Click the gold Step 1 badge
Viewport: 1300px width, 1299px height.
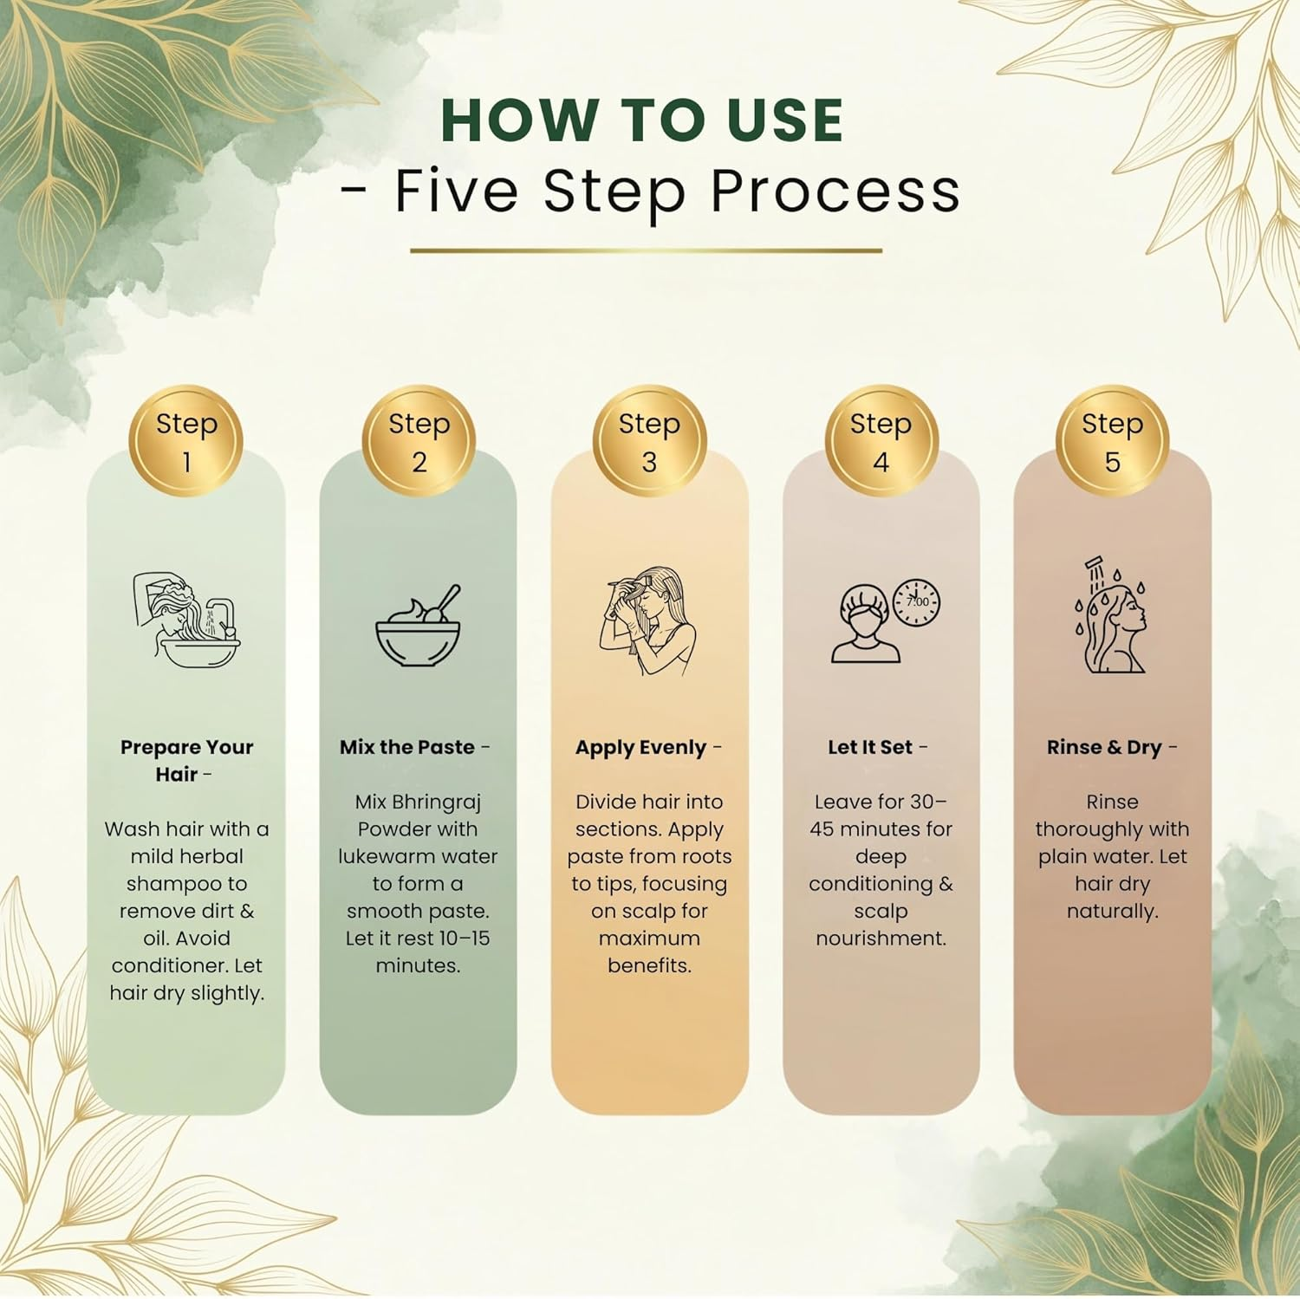coord(186,442)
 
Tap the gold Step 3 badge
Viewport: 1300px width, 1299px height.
coord(649,442)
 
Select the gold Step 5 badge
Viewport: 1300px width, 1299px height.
coord(1112,442)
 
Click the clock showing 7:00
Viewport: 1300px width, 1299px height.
coord(916,602)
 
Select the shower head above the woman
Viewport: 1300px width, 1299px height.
coord(1096,568)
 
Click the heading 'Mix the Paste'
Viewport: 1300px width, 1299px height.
coord(407,747)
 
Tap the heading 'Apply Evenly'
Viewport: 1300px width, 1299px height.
coord(641,748)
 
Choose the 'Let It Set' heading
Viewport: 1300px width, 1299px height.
coord(870,747)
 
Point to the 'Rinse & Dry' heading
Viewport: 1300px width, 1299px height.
coord(1104,748)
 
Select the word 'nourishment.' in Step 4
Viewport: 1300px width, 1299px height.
coord(881,939)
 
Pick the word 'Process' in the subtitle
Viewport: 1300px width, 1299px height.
coord(835,190)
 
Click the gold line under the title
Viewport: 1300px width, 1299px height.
coord(646,250)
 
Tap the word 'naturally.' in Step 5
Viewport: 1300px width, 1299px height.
coord(1112,912)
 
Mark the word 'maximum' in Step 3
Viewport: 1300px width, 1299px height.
coord(649,939)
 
